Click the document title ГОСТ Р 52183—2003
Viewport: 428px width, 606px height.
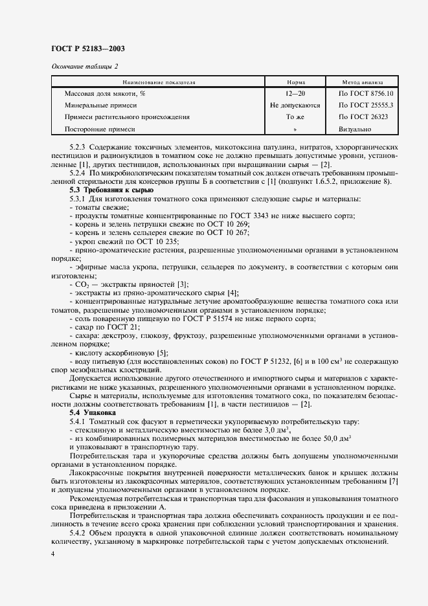tap(87, 49)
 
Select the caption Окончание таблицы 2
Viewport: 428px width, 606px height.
tap(84, 66)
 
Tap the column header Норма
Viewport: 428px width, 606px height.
tap(295, 82)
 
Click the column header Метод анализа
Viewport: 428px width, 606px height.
tap(363, 82)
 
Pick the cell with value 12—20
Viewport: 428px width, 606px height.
tap(295, 94)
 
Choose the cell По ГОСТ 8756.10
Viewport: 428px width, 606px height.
tap(363, 94)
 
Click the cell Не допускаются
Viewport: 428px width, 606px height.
tap(295, 106)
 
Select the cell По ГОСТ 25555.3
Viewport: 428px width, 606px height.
tap(363, 106)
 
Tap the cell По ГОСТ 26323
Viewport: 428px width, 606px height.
tap(363, 117)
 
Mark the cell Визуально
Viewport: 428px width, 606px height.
tap(355, 129)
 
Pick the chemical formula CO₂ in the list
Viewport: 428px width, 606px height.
tap(82, 284)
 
